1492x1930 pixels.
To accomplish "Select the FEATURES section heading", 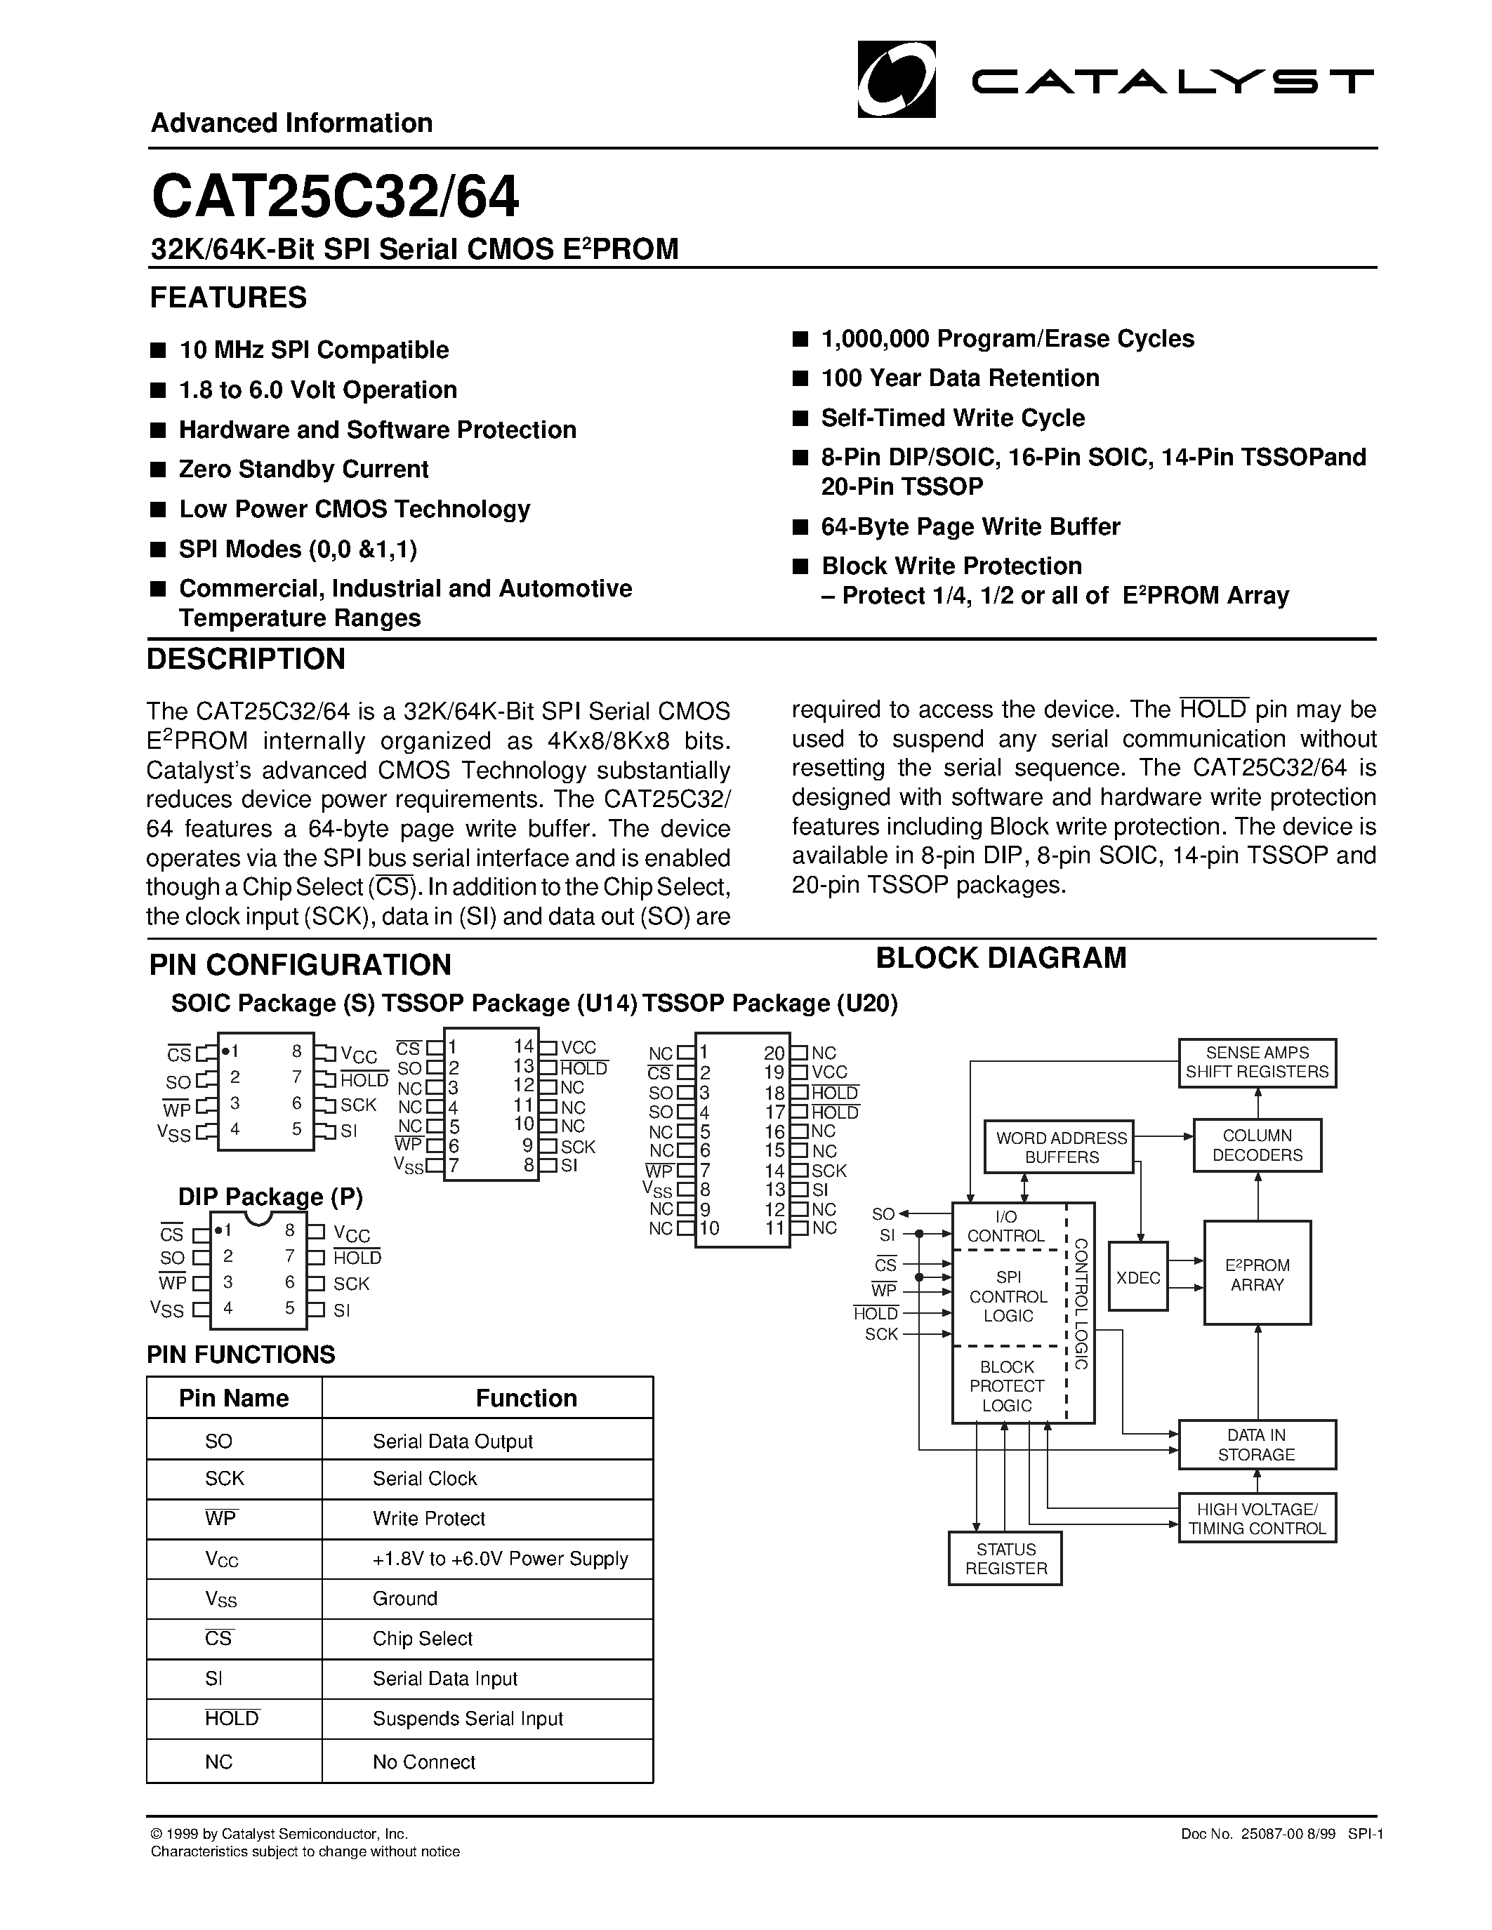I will [x=228, y=298].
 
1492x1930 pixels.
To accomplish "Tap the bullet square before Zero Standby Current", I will [x=158, y=470].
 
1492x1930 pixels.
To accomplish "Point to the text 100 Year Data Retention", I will [x=960, y=378].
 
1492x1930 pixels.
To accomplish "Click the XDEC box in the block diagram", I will [x=1137, y=1278].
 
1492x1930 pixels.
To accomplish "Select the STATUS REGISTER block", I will [x=1005, y=1559].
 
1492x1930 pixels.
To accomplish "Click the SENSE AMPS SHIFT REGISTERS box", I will [x=1256, y=1063].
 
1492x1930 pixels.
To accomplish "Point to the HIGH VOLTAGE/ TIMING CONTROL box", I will [x=1256, y=1518].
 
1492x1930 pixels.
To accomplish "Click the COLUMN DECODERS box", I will [x=1256, y=1145].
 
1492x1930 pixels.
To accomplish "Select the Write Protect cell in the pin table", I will [x=429, y=1519].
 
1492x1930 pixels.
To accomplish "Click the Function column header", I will [x=526, y=1398].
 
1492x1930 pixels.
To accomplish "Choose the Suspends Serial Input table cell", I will [x=468, y=1719].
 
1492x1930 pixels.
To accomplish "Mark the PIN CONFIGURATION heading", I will [x=301, y=964].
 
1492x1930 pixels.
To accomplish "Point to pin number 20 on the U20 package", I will [x=774, y=1053].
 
